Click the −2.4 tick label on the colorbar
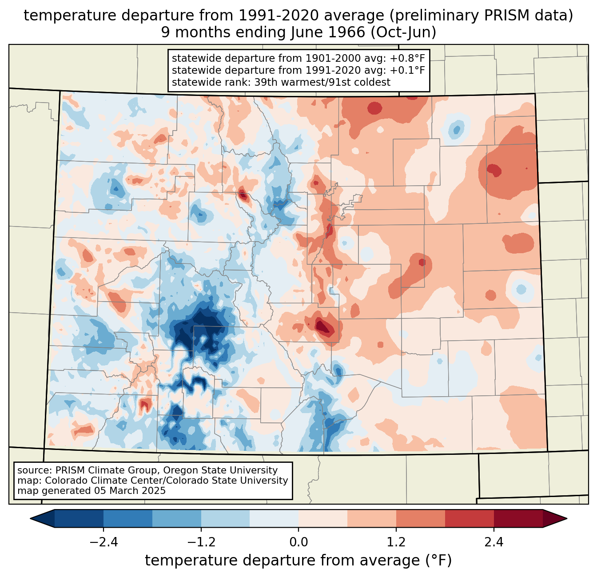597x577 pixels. click(x=103, y=542)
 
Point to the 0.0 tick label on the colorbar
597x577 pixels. click(x=298, y=542)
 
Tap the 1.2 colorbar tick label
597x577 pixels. click(x=396, y=542)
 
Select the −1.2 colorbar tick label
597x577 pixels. click(x=201, y=542)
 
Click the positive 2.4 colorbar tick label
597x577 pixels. click(x=494, y=542)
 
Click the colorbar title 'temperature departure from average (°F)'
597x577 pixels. click(x=298, y=561)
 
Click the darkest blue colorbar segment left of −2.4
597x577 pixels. click(x=79, y=518)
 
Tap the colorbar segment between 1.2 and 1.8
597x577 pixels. click(x=420, y=518)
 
